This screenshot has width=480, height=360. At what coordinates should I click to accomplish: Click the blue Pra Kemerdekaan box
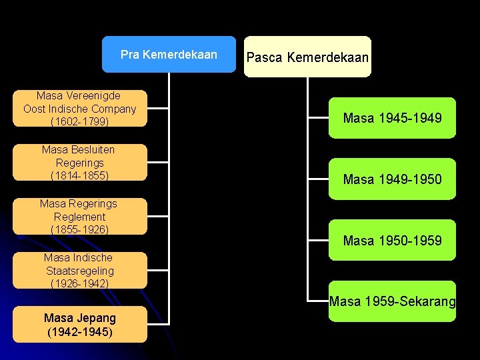[x=169, y=54]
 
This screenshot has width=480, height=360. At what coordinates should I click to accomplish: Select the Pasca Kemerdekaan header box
[x=307, y=57]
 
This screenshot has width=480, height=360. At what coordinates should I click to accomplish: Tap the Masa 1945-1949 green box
[x=392, y=118]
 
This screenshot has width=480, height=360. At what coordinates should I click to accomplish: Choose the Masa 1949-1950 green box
[x=392, y=179]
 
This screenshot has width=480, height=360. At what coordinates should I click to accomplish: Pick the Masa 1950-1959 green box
[x=392, y=240]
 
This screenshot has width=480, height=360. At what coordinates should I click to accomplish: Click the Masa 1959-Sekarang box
[x=392, y=301]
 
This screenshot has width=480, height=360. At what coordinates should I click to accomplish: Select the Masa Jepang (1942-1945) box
[x=80, y=325]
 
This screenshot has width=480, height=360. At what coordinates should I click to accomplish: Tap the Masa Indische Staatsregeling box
[x=80, y=270]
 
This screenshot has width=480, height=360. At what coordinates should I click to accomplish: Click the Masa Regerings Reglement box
[x=80, y=216]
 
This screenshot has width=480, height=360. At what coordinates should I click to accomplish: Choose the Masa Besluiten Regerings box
[x=80, y=162]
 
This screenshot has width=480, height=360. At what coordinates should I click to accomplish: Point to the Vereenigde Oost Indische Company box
[x=80, y=109]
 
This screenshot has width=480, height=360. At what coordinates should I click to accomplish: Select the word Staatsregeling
[x=80, y=271]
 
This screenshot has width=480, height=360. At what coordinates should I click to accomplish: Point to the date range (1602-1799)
[x=80, y=122]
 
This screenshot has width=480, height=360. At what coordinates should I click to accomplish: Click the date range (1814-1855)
[x=80, y=175]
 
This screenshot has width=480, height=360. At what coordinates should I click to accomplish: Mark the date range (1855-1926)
[x=80, y=229]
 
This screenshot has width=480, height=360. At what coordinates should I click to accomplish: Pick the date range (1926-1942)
[x=80, y=283]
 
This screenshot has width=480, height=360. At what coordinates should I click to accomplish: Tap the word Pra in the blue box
[x=129, y=55]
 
